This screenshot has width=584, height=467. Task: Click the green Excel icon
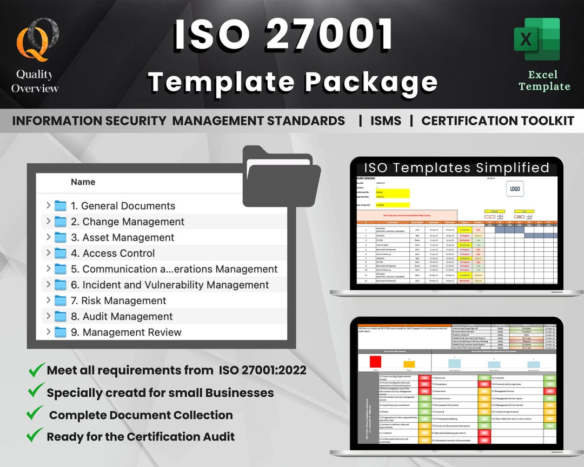[x=536, y=42]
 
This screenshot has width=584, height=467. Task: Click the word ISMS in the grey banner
[x=386, y=121]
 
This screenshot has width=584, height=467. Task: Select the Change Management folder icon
[x=61, y=222]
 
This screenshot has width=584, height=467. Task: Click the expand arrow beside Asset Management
[x=48, y=237]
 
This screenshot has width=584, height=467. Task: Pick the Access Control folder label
[x=118, y=253]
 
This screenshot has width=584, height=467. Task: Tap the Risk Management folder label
[x=124, y=301]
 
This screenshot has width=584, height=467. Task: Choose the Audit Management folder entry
[x=128, y=316]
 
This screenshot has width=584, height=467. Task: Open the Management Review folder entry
[x=132, y=332]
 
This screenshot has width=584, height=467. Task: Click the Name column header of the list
[x=83, y=182]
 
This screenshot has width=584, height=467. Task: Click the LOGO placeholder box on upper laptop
[x=515, y=189]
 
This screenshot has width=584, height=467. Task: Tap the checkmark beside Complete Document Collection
[x=36, y=415]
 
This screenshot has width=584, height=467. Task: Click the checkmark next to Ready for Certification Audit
[x=36, y=435]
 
